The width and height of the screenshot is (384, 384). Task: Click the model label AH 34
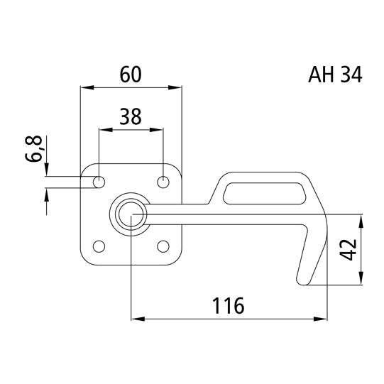coord(336,75)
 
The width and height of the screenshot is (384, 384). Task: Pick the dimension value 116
coord(229,306)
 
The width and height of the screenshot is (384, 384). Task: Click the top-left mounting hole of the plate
coord(99,182)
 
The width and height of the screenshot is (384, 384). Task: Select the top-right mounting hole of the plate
coord(163,182)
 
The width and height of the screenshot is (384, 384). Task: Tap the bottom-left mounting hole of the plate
coord(99,246)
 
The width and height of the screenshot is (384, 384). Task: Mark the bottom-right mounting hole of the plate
coord(163,246)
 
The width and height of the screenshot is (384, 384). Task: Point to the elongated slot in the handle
coord(263,190)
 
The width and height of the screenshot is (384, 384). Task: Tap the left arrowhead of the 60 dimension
coord(86,88)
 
